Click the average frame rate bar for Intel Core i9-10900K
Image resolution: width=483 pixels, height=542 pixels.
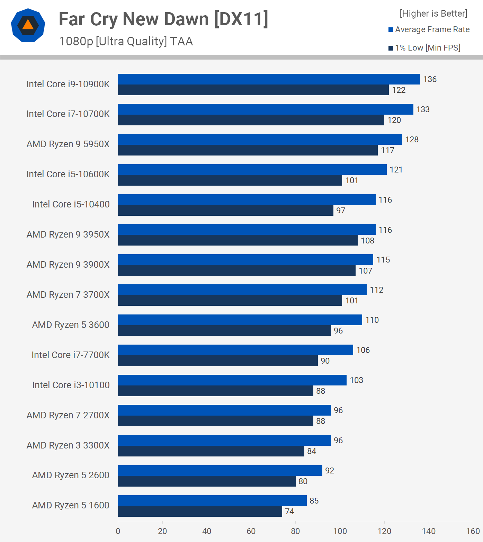[x=269, y=79]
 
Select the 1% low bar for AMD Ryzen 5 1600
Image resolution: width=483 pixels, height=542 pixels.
[x=200, y=512]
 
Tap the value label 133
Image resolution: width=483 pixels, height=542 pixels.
[x=423, y=109]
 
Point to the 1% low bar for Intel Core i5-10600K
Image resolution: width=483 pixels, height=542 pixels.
[x=230, y=180]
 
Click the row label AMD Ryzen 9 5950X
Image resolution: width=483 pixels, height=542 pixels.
[x=68, y=144]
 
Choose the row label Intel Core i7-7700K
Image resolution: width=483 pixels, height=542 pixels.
[x=70, y=355]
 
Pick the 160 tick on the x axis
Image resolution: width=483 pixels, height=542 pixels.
[x=473, y=531]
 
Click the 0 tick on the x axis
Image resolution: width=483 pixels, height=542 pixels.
[x=118, y=531]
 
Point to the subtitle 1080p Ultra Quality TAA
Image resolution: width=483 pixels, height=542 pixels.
[x=126, y=41]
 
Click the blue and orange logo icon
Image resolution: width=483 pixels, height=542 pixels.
[x=28, y=25]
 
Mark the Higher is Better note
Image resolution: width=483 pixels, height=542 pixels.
[x=433, y=14]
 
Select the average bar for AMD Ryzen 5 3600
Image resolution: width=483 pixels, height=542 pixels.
[x=240, y=320]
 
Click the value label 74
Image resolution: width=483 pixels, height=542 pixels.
[x=289, y=512]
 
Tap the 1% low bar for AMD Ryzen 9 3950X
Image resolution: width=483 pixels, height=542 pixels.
[x=238, y=241]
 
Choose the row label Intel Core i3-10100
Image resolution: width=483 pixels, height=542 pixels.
[x=71, y=385]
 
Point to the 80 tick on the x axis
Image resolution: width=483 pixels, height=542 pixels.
[x=295, y=531]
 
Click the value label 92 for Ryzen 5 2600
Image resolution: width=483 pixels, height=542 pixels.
[x=330, y=471]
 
